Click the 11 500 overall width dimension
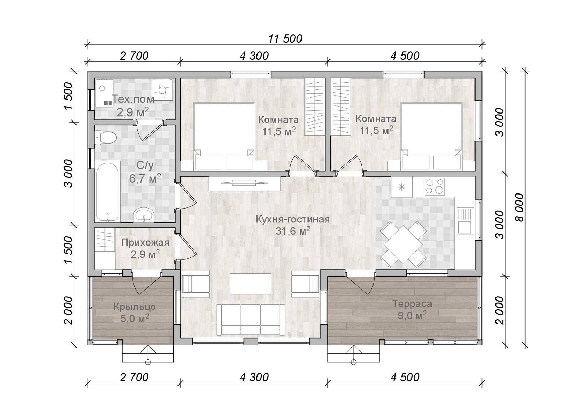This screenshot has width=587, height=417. point(285,39)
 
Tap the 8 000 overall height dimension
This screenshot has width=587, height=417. point(520,208)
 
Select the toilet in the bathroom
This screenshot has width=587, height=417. point(106,137)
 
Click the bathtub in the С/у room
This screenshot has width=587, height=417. point(107,192)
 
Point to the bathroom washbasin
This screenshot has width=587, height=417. point(144,215)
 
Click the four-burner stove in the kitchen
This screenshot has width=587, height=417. point(435,186)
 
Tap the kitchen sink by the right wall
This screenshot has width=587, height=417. point(465,221)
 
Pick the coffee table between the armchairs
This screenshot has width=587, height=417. point(251,284)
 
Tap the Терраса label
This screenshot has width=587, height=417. point(412,304)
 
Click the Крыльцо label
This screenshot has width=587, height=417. point(135,307)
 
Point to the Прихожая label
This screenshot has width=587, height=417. point(145,243)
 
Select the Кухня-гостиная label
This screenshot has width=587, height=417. point(293,219)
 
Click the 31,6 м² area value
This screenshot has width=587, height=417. point(293,231)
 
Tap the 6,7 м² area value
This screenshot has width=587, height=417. point(145,178)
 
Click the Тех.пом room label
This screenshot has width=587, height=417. point(133,99)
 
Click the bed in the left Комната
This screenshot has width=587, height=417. point(224,137)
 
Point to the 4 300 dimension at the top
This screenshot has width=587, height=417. point(254,56)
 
